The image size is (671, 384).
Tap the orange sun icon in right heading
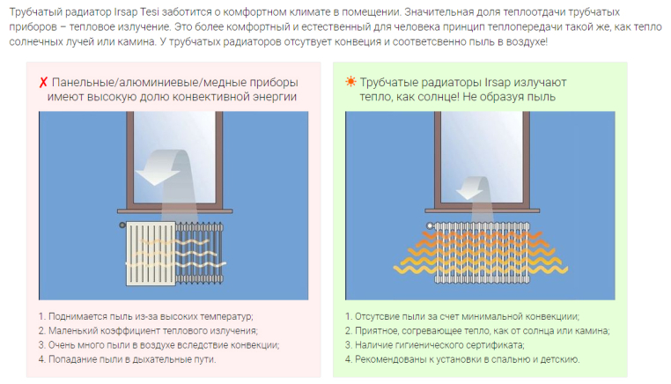click(x=350, y=82)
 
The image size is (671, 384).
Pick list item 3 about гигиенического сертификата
click(x=435, y=344)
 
